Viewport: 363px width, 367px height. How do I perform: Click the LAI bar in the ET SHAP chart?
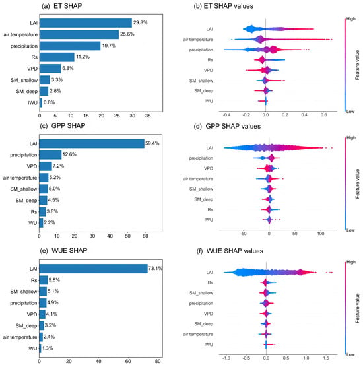pyautogui.click(x=86, y=23)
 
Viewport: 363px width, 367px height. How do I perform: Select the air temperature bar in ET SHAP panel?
pyautogui.click(x=79, y=34)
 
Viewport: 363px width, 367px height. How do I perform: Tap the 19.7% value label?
pyautogui.click(x=109, y=46)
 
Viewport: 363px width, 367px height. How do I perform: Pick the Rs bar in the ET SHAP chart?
pyautogui.click(x=57, y=57)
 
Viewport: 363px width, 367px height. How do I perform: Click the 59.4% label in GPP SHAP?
pyautogui.click(x=152, y=143)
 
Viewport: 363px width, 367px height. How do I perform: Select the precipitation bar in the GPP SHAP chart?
pyautogui.click(x=50, y=154)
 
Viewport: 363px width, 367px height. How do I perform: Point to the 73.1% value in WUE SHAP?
pyautogui.click(x=155, y=268)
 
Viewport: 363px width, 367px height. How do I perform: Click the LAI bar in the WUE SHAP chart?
pyautogui.click(x=93, y=269)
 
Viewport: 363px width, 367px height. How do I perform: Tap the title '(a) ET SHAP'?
pyautogui.click(x=62, y=6)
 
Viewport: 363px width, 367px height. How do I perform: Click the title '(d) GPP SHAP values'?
pyautogui.click(x=227, y=126)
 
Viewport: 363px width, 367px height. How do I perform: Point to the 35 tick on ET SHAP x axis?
pyautogui.click(x=148, y=116)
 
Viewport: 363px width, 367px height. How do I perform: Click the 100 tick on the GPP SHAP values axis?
pyautogui.click(x=321, y=234)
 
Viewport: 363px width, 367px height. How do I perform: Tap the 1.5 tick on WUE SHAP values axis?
pyautogui.click(x=326, y=358)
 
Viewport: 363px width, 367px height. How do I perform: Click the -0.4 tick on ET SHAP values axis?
pyautogui.click(x=226, y=115)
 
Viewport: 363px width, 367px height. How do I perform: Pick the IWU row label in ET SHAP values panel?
pyautogui.click(x=209, y=101)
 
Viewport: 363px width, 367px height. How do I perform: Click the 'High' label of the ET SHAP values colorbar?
pyautogui.click(x=351, y=19)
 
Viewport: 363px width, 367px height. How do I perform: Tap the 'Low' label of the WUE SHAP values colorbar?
pyautogui.click(x=350, y=354)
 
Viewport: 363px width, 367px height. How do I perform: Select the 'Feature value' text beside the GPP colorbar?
pyautogui.click(x=357, y=183)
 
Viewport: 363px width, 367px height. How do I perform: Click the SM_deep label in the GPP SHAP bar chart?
pyautogui.click(x=26, y=201)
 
